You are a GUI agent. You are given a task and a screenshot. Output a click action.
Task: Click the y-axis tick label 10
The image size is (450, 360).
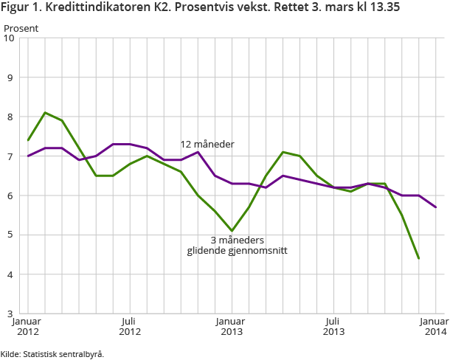(x=10, y=38)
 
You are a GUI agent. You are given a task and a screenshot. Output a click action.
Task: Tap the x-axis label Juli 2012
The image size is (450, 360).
(x=130, y=327)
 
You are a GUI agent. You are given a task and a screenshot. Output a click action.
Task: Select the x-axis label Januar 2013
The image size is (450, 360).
(x=232, y=327)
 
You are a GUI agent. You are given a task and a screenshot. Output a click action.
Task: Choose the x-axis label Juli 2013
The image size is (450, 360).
(x=333, y=327)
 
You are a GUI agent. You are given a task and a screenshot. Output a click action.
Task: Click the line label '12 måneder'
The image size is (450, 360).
(x=207, y=144)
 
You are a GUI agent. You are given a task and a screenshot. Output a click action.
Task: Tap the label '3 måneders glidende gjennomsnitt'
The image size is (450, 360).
(x=236, y=245)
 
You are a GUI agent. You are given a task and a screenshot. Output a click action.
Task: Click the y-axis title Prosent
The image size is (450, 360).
(x=21, y=28)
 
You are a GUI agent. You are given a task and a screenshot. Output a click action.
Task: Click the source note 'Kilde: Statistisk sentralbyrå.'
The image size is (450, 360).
(x=52, y=354)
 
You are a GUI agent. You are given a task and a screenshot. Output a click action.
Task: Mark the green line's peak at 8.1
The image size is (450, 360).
(x=45, y=113)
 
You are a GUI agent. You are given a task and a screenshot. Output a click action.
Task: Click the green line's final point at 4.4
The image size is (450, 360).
(x=419, y=259)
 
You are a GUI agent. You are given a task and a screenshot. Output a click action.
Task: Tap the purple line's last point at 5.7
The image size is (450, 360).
(x=436, y=207)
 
